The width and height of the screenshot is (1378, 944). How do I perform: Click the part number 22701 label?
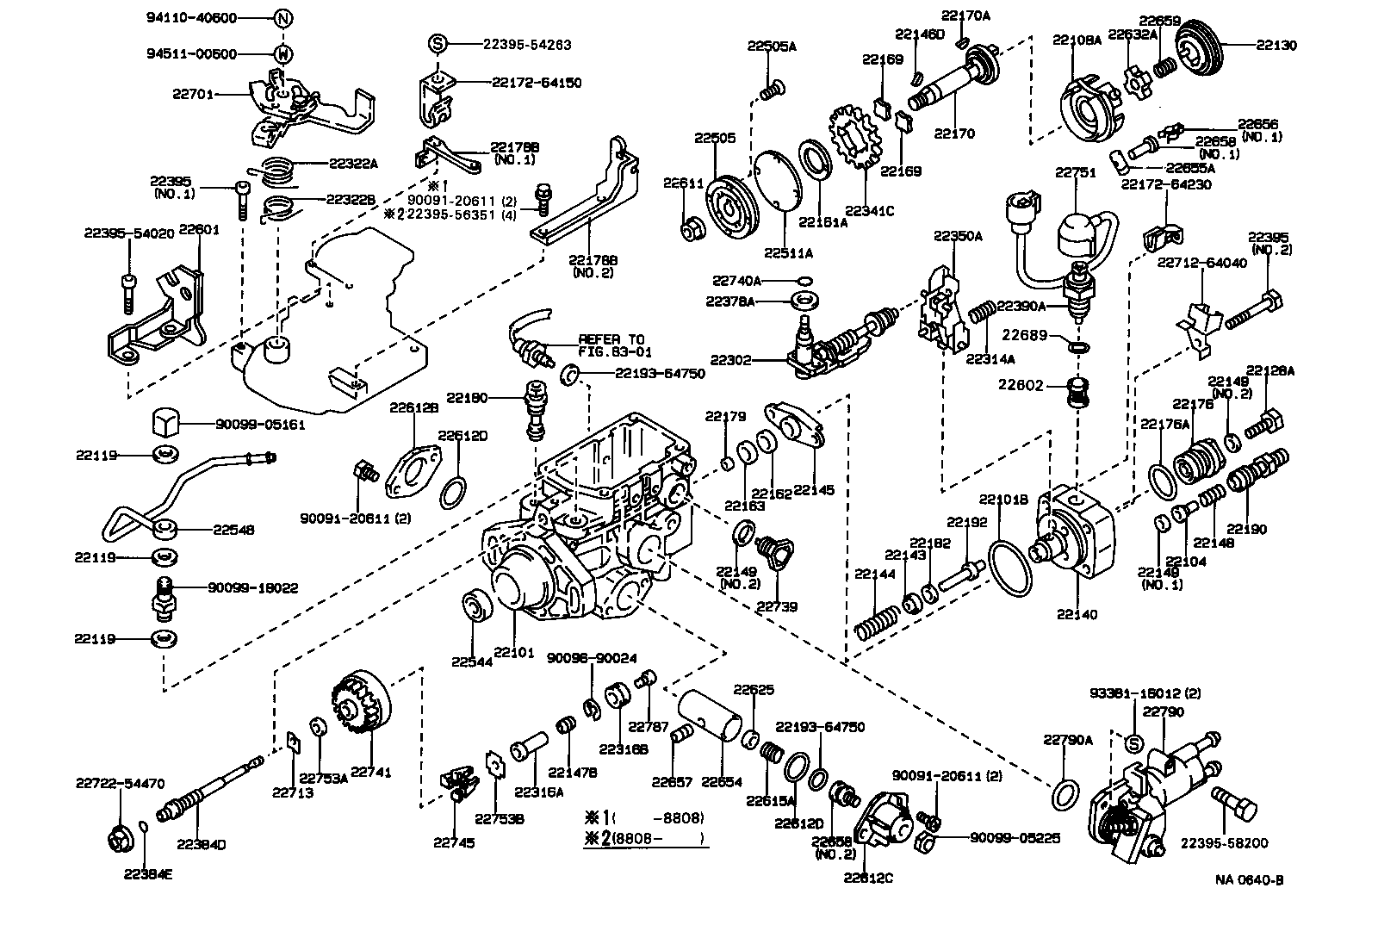tap(191, 94)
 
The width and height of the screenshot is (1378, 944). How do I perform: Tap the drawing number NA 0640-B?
tap(1249, 879)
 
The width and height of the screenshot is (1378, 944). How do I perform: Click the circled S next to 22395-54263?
tap(437, 44)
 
